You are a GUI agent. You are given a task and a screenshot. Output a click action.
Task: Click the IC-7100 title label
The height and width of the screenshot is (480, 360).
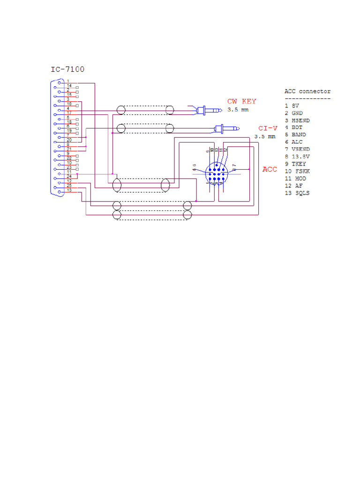click(67, 69)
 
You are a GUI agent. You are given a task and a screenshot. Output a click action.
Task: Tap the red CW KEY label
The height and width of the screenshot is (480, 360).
click(242, 101)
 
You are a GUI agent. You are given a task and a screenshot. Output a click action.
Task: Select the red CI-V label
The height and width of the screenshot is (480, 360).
click(267, 128)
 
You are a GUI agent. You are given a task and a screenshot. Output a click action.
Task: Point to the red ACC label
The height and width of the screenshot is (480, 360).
click(270, 169)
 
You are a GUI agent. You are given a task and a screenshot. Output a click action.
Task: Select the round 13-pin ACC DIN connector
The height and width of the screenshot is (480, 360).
click(216, 174)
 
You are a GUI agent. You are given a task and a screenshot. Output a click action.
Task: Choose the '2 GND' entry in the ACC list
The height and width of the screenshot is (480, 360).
click(293, 113)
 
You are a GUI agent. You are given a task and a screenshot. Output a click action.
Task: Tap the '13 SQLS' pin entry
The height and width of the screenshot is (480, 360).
click(297, 193)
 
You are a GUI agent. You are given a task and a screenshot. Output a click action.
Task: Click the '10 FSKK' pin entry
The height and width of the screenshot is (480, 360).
click(297, 171)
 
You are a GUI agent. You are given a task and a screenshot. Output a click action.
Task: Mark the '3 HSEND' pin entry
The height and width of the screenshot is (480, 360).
click(297, 120)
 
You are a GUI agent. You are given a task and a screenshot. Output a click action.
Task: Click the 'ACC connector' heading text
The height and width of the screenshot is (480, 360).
click(307, 91)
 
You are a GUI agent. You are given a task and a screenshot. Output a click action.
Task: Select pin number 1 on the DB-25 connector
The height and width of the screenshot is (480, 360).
click(68, 82)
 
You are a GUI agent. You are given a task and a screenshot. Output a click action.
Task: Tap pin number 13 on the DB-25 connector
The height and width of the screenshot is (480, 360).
click(69, 190)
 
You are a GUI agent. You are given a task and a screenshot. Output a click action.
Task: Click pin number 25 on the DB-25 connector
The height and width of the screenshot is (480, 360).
click(69, 186)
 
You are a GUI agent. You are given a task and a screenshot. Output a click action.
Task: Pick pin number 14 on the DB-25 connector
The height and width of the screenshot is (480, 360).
click(69, 86)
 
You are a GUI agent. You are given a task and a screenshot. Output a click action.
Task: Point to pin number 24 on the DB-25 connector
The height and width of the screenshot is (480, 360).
click(69, 176)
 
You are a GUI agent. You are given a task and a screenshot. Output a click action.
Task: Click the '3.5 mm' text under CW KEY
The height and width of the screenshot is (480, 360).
click(238, 110)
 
